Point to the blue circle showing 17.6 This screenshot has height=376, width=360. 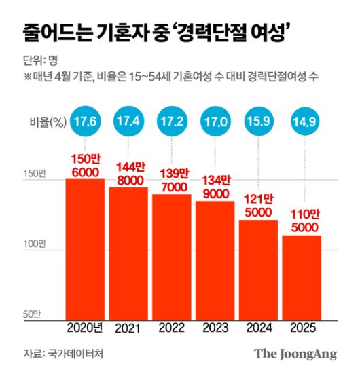[x=85, y=122]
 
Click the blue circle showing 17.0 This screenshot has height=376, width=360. [x=215, y=122]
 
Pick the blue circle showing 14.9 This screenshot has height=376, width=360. [x=302, y=122]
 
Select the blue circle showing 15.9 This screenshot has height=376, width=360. [x=258, y=122]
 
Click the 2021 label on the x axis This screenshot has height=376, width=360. [x=128, y=328]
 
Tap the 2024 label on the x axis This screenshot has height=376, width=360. [x=258, y=328]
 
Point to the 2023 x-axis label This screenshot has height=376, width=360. [x=215, y=328]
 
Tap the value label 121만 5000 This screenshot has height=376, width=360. [x=258, y=205]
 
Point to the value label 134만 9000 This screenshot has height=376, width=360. [x=215, y=186]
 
